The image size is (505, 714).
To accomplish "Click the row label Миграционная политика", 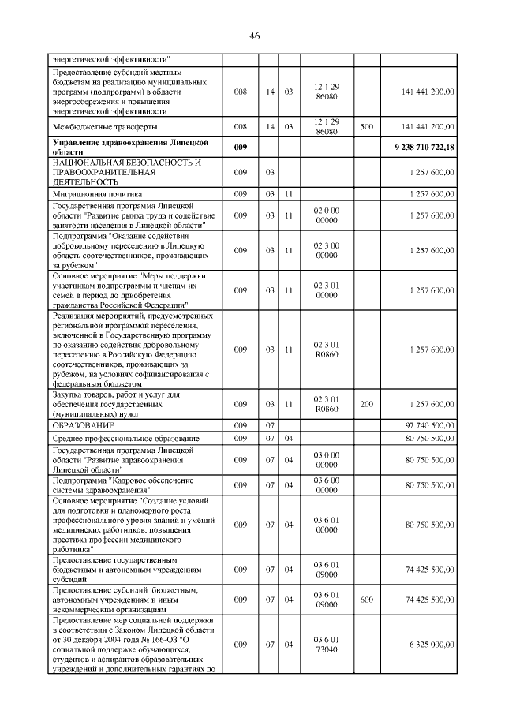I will click(97, 193).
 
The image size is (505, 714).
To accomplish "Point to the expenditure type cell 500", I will click(365, 126).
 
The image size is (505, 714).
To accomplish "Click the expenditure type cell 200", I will click(365, 404).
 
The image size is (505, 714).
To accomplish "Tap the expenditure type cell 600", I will click(365, 600).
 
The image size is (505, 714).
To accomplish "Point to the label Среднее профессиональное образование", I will click(125, 438).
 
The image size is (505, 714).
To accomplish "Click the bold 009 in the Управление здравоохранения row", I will click(241, 148).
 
